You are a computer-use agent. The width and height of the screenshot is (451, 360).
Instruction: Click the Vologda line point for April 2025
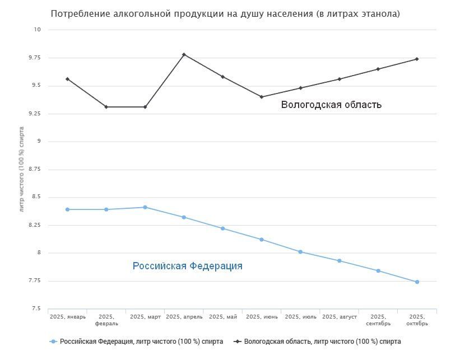pyautogui.click(x=184, y=54)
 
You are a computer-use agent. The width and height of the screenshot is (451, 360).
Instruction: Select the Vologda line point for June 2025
pyautogui.click(x=262, y=97)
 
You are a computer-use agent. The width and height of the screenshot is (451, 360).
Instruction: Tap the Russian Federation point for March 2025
pyautogui.click(x=145, y=207)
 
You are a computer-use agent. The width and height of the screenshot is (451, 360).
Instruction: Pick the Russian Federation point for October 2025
pyautogui.click(x=417, y=282)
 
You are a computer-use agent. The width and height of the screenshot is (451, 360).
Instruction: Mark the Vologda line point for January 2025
pyautogui.click(x=67, y=79)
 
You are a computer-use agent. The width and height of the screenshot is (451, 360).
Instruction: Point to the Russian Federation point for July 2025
pyautogui.click(x=300, y=252)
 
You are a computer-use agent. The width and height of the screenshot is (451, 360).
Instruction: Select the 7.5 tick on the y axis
pyautogui.click(x=36, y=308)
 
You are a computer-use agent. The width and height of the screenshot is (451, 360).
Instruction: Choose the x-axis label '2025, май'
pyautogui.click(x=223, y=317)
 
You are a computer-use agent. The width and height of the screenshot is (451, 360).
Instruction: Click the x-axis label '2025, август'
pyautogui.click(x=340, y=317)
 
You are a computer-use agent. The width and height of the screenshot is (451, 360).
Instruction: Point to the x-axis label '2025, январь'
pyautogui.click(x=68, y=317)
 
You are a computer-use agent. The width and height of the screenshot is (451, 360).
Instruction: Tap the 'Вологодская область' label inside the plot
pyautogui.click(x=331, y=104)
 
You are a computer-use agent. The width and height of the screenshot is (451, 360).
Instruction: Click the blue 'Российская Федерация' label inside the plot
pyautogui.click(x=188, y=266)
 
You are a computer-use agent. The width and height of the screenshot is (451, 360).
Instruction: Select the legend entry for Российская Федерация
pyautogui.click(x=137, y=341)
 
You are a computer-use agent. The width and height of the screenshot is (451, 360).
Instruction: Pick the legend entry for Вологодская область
pyautogui.click(x=318, y=341)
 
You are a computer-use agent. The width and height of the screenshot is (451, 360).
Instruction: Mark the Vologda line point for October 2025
pyautogui.click(x=417, y=59)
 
